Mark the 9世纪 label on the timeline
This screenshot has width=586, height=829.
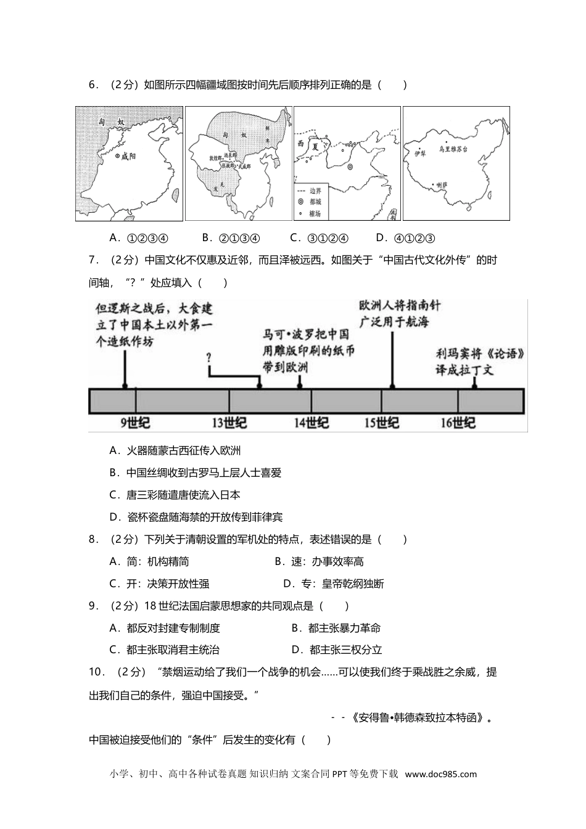point(134,423)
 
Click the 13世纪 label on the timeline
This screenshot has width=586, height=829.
point(229,423)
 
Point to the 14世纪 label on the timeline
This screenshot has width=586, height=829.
point(311,423)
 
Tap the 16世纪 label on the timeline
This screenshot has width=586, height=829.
point(458,423)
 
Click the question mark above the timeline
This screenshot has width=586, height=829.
point(209,357)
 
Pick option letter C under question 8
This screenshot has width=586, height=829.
point(113,584)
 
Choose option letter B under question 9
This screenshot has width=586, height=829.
point(295,628)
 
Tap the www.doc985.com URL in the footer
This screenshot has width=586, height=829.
point(441,774)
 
